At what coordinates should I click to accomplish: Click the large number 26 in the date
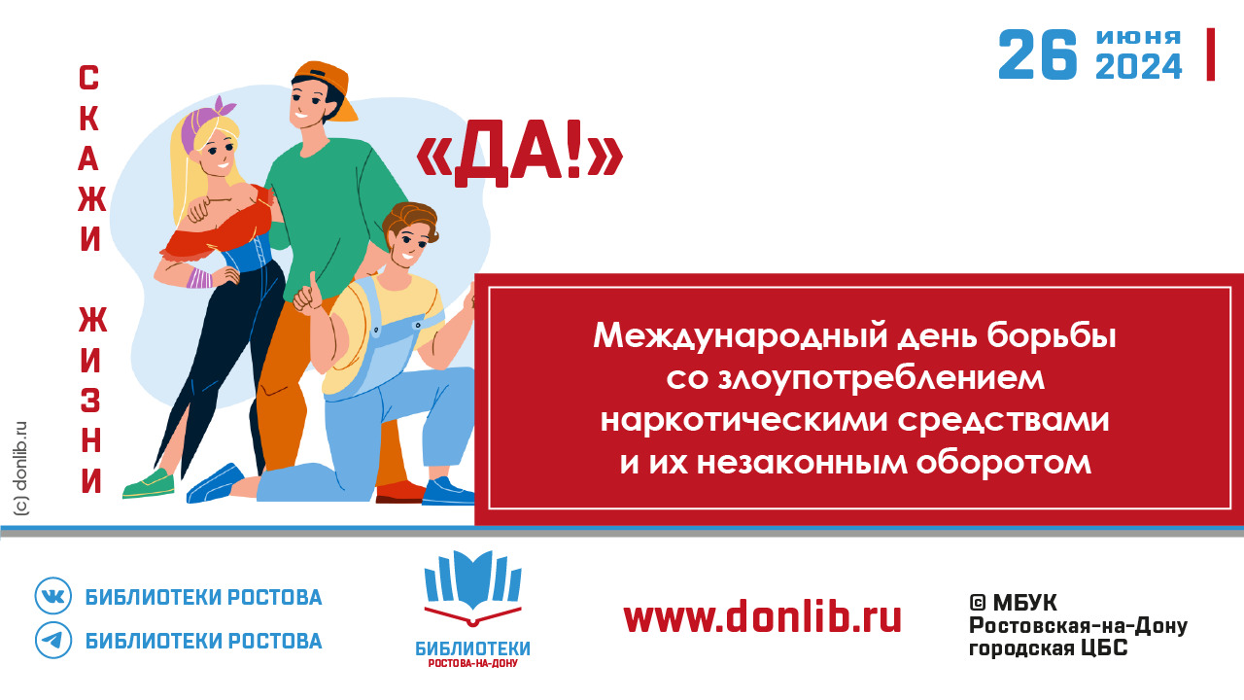[1037, 54]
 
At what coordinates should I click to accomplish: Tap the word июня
[1138, 37]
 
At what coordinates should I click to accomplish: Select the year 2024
[1138, 67]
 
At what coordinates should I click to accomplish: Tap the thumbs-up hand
[307, 294]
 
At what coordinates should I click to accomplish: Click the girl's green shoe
[149, 484]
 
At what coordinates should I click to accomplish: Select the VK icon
[53, 596]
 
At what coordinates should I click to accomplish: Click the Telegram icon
[53, 640]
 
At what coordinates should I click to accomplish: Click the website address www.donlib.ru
[762, 616]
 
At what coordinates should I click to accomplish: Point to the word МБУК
[1025, 602]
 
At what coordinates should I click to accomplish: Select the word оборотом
[1004, 462]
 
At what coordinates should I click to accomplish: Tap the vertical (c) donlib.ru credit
[21, 469]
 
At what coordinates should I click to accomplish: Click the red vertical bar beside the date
[1211, 54]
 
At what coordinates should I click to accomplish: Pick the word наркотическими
[744, 420]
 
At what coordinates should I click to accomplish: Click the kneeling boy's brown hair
[412, 221]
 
